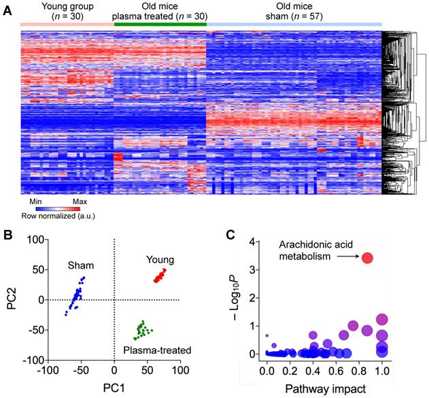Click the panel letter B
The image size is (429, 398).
(x=7, y=235)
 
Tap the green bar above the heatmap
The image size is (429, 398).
(x=160, y=24)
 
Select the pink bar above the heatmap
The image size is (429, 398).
(x=67, y=24)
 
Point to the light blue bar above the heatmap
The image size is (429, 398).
(x=294, y=24)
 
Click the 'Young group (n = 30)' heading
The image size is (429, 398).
(x=67, y=12)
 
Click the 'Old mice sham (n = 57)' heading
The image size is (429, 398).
(x=294, y=12)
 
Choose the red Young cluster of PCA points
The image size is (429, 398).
(x=160, y=276)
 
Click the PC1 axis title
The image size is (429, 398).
(x=112, y=388)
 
